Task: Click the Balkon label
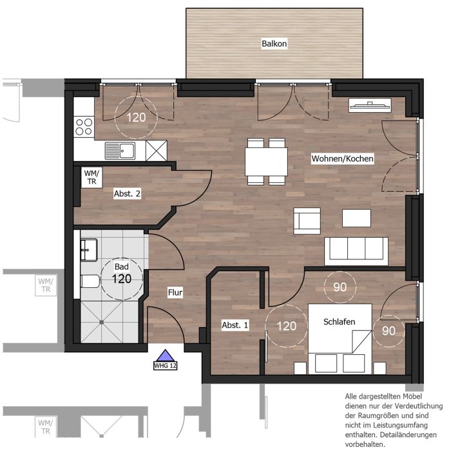click(x=274, y=44)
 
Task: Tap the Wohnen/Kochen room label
click(x=342, y=158)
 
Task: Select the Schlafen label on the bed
click(x=339, y=322)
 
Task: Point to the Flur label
click(x=175, y=292)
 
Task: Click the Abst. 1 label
click(x=235, y=325)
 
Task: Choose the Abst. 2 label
click(x=127, y=194)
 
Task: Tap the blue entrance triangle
click(x=165, y=355)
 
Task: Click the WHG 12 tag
click(x=165, y=366)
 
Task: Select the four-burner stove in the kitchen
click(x=84, y=127)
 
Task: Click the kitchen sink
click(x=120, y=151)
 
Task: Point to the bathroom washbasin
click(x=88, y=250)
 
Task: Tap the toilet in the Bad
click(x=90, y=281)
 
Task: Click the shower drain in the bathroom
click(x=102, y=322)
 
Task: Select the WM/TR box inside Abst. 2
click(x=91, y=178)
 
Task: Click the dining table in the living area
click(x=266, y=162)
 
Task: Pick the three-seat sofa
click(x=356, y=251)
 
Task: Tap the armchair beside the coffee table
click(x=307, y=221)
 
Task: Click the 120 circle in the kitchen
click(x=136, y=117)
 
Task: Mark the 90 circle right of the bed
click(x=389, y=331)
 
